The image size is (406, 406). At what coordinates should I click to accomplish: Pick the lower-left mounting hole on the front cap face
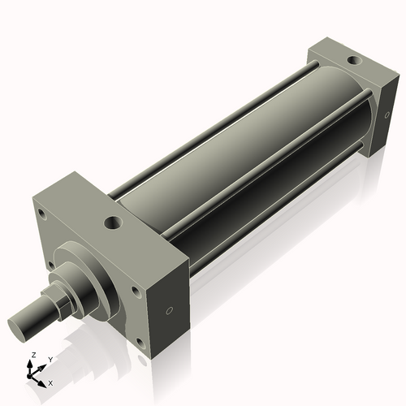tap(51, 265)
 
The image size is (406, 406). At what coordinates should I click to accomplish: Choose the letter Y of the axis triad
tap(50, 359)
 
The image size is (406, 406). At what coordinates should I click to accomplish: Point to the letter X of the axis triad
tap(50, 382)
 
